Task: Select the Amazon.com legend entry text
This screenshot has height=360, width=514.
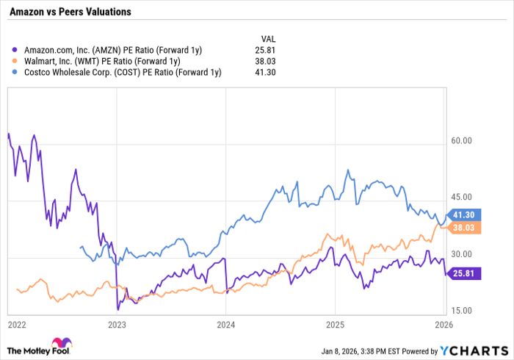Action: (108, 49)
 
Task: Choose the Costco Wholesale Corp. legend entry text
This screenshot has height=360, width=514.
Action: (117, 72)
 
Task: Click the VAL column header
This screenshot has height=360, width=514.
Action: (269, 37)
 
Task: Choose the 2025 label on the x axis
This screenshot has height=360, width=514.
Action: (335, 323)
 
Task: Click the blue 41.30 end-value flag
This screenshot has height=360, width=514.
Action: (464, 215)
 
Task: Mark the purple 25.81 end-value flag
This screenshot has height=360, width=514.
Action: (464, 273)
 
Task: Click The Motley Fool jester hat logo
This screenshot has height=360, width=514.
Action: (62, 343)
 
